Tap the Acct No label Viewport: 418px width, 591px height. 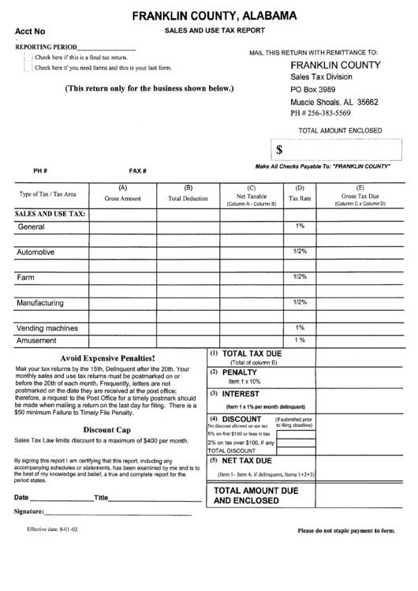(x=31, y=31)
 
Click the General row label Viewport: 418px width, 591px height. (x=31, y=227)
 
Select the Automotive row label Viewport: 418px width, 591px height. (x=36, y=252)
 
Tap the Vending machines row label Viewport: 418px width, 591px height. (x=47, y=327)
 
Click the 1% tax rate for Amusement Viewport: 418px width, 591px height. (x=300, y=340)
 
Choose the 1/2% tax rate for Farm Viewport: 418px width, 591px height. (x=300, y=277)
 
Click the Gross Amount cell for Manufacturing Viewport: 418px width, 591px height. (x=122, y=303)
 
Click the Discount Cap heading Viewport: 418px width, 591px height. (x=107, y=429)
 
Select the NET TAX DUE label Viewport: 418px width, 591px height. (x=246, y=459)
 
